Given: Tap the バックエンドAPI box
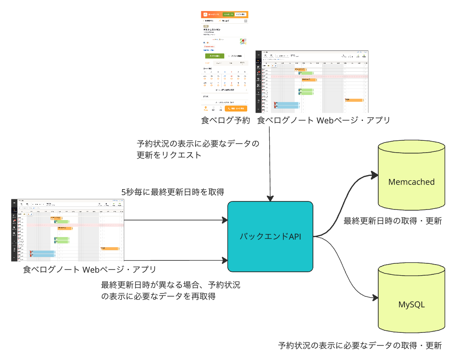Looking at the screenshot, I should (271, 237).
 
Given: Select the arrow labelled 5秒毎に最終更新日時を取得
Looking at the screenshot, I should (174, 220).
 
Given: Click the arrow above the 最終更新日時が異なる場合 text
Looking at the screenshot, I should (174, 260).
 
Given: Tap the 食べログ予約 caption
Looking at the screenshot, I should (226, 120).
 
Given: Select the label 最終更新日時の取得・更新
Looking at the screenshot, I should (393, 220).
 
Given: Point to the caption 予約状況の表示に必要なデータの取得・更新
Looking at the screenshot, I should (360, 345).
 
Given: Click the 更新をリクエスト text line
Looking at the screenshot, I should (169, 155).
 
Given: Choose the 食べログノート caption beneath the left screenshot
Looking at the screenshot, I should (89, 269).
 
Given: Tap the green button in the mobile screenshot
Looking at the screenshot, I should (215, 56).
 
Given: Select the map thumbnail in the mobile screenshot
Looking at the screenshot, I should (243, 41).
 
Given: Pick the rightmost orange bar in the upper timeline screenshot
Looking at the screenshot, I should (354, 100).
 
